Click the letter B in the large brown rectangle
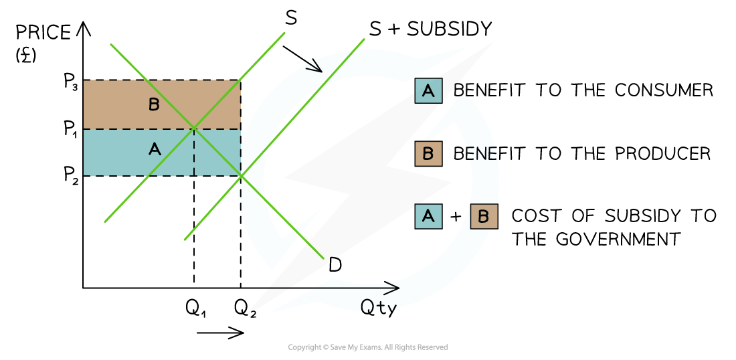point(154,105)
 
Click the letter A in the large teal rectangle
point(155,150)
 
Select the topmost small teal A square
point(428,91)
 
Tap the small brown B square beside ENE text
point(428,154)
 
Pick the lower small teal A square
point(428,217)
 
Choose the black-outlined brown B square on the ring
point(484,217)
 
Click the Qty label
point(379,307)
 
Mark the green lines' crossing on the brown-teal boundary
point(194,127)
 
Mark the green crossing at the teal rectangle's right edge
point(241,175)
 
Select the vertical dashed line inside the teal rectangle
point(194,153)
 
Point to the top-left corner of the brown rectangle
point(84,81)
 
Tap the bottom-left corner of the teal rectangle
point(84,175)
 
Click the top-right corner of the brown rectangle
point(240,81)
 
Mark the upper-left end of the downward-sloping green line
point(111,45)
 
